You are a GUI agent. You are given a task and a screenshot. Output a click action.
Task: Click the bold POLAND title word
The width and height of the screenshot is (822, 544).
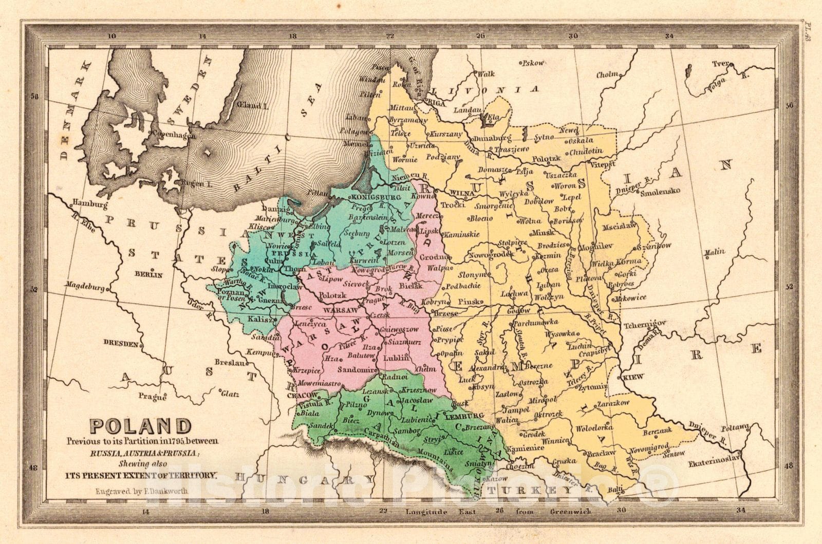[x=141, y=426]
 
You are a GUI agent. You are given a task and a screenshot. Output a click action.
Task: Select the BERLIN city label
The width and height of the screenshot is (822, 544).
[x=148, y=274]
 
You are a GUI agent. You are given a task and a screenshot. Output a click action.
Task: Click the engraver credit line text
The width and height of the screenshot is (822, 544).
[x=141, y=491]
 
